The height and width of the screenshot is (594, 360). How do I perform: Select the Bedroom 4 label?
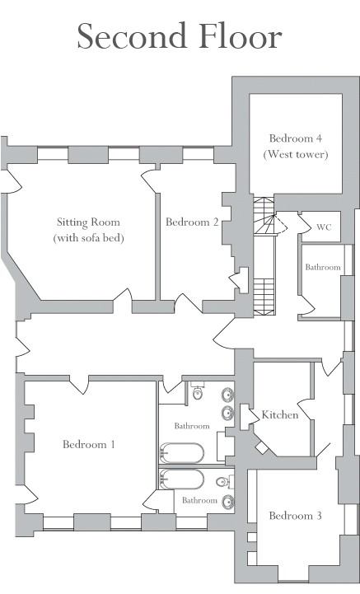(296, 138)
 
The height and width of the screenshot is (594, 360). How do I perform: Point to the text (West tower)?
(296, 155)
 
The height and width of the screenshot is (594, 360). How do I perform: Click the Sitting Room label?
(88, 222)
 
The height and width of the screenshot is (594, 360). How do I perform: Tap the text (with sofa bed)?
(88, 238)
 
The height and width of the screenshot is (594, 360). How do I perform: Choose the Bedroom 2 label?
(192, 222)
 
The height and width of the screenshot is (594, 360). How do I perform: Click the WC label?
(324, 227)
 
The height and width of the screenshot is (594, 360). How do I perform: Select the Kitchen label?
(280, 415)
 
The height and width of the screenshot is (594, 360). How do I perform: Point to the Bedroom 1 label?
(89, 444)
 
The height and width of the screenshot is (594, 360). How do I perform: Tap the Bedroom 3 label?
(296, 516)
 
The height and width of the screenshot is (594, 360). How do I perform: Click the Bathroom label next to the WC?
(323, 267)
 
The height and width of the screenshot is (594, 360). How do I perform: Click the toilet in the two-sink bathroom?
(198, 391)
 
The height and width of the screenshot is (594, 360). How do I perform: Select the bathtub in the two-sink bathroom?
(182, 452)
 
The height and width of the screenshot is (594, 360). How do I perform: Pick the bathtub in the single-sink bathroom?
(182, 479)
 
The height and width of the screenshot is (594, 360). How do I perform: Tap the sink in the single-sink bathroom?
(228, 502)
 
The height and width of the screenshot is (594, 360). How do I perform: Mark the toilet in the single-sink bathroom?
(225, 481)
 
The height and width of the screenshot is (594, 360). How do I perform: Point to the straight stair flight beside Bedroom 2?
(264, 297)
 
